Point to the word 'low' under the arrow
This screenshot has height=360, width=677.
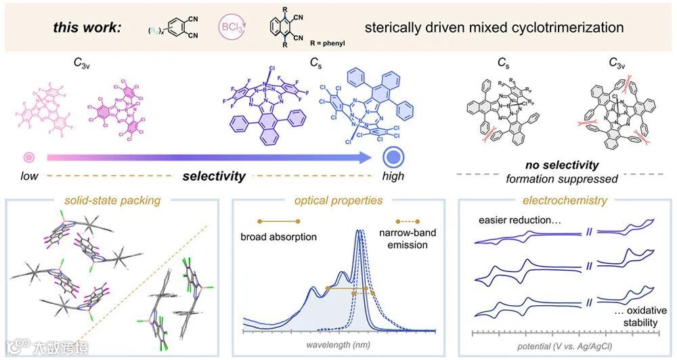[28, 177]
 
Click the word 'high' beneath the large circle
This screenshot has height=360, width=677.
[393, 177]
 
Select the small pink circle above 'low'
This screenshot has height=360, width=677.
[28, 158]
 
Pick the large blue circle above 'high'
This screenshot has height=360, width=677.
[393, 158]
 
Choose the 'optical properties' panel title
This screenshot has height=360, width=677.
[338, 200]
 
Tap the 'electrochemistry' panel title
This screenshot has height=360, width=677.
[564, 200]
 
